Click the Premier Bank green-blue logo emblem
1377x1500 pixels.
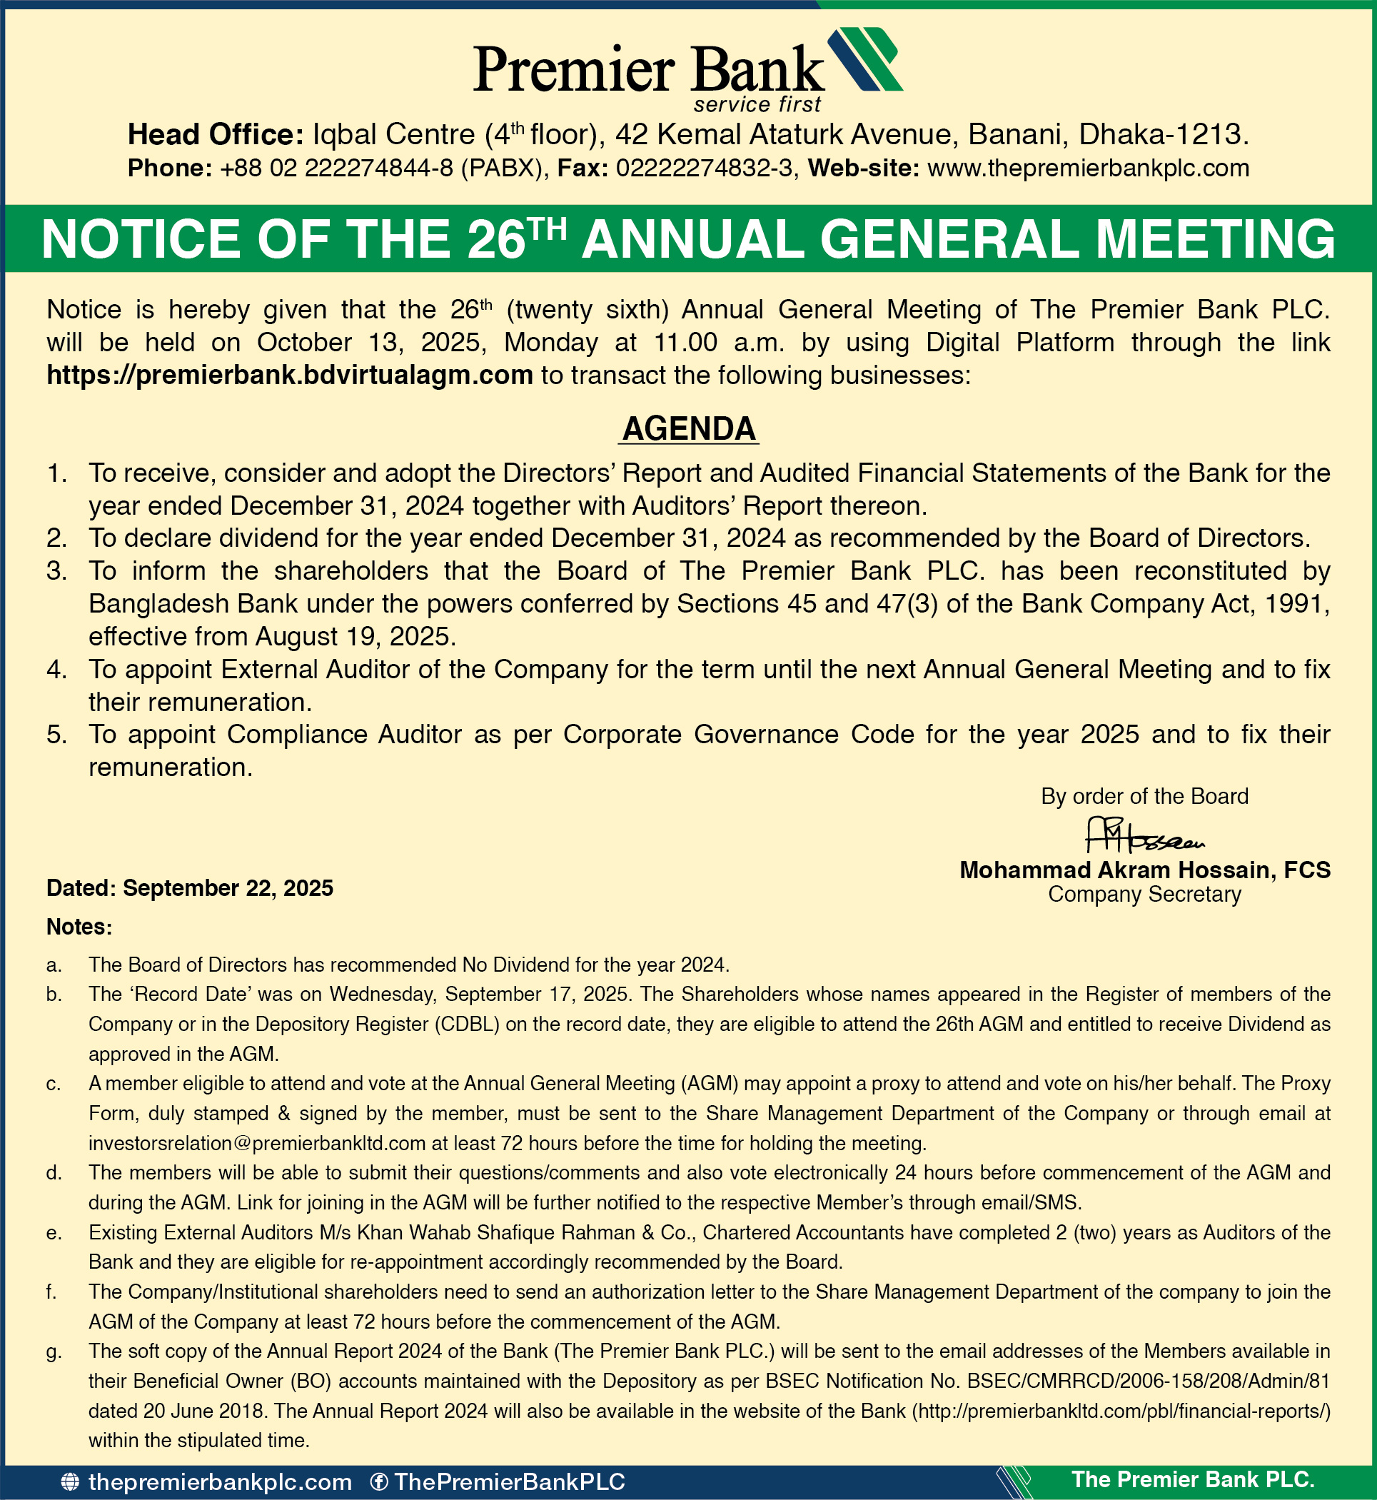pos(864,59)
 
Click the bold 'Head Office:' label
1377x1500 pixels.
pos(216,135)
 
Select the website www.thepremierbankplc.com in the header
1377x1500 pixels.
pos(1088,168)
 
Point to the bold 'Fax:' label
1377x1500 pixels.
pos(583,168)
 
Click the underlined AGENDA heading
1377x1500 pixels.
pos(690,428)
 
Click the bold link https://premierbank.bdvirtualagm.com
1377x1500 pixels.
pos(290,375)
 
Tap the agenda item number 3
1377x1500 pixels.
pos(56,570)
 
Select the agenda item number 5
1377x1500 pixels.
pos(56,735)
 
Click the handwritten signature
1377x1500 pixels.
pos(1144,836)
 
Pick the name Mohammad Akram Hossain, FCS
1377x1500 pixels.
pos(1144,870)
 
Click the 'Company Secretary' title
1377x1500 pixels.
pos(1144,894)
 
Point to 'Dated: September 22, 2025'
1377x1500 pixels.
pos(190,888)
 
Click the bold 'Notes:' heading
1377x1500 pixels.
pos(79,927)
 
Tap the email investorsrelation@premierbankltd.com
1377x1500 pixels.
pos(257,1143)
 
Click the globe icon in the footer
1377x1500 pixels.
pos(69,1482)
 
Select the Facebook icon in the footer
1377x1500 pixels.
pos(378,1482)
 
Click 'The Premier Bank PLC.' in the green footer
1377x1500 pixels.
pos(1192,1480)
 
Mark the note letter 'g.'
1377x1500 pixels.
pos(54,1351)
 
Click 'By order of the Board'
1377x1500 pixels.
pos(1144,797)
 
